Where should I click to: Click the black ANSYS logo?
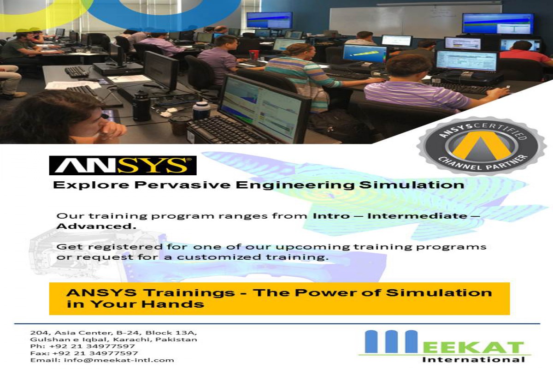[x=123, y=165]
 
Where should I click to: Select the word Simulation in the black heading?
[x=412, y=185]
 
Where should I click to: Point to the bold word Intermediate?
[x=417, y=216]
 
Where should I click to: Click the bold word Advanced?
[x=96, y=226]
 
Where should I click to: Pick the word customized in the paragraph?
[x=219, y=257]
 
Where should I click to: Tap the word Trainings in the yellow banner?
[x=189, y=293]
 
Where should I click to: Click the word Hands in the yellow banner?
[x=172, y=304]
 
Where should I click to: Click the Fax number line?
[x=84, y=353]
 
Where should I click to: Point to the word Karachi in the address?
[x=132, y=339]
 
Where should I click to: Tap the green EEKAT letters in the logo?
[x=474, y=347]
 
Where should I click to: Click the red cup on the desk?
[x=254, y=55]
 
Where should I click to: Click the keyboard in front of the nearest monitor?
[x=229, y=130]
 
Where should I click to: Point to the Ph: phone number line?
[x=82, y=346]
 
